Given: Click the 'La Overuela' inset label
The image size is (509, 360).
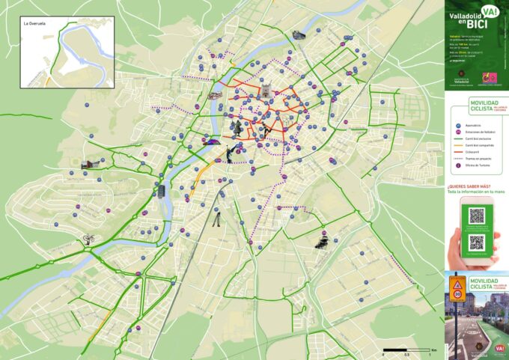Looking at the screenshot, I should pyautogui.click(x=35, y=24).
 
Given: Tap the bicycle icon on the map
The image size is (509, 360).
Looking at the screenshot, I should pyautogui.click(x=89, y=240).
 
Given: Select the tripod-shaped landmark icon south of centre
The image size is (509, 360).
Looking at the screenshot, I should pyautogui.click(x=216, y=219).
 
